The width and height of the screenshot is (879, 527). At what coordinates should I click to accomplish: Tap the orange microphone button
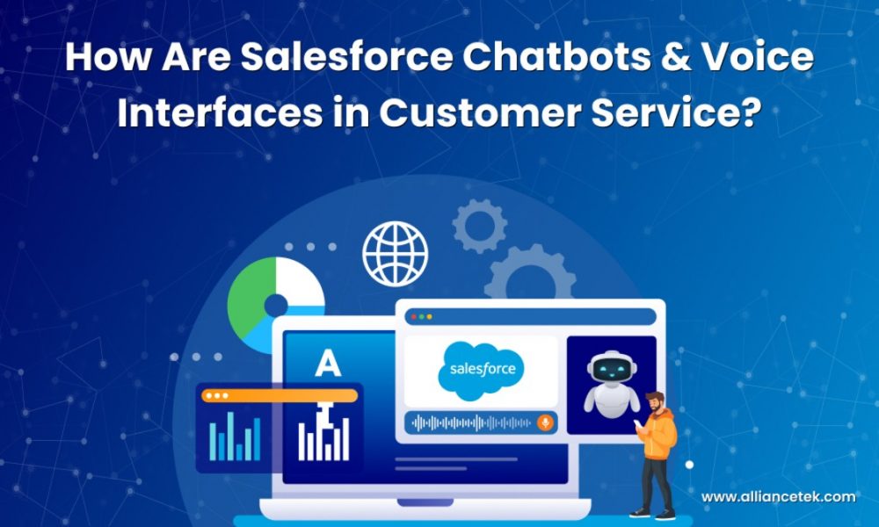(545, 422)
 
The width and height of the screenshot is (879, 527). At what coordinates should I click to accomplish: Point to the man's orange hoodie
(660, 434)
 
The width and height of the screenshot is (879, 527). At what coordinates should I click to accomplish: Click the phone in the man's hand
(639, 423)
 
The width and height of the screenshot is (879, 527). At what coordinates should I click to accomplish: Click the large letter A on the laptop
(328, 363)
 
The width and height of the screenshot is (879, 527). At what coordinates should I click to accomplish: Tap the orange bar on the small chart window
(280, 395)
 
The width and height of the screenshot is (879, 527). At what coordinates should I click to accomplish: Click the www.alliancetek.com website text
(778, 497)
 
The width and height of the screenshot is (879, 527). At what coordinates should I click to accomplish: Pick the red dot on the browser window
(413, 316)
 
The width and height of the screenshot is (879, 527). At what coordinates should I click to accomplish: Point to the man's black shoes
(655, 512)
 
